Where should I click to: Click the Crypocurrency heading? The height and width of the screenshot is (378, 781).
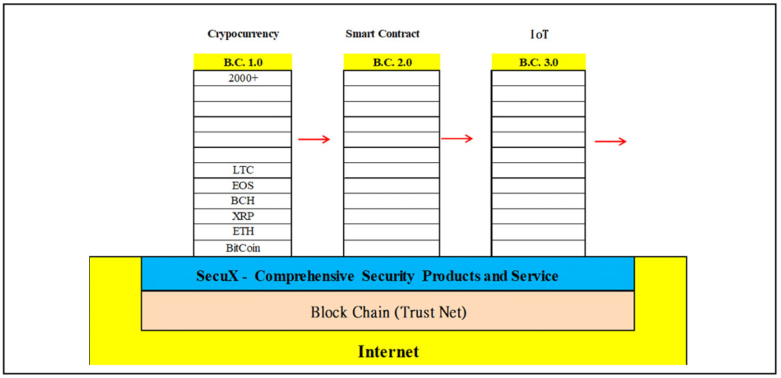click(x=243, y=34)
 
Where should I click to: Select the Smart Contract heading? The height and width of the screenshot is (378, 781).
click(x=383, y=33)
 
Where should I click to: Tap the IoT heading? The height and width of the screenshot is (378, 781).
click(x=539, y=34)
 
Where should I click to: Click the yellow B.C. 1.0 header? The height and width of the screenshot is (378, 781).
click(x=243, y=62)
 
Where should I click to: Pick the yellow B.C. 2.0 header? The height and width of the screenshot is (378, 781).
click(x=392, y=62)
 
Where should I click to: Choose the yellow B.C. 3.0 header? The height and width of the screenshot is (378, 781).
click(x=539, y=62)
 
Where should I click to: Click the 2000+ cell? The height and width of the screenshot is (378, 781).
click(x=243, y=78)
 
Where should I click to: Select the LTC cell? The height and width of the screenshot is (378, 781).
click(x=243, y=170)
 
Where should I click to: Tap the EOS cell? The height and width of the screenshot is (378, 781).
click(x=243, y=186)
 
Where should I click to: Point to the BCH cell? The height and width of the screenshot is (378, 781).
click(x=243, y=201)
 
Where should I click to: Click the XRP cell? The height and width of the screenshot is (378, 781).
click(x=243, y=216)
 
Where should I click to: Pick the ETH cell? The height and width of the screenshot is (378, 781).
click(x=243, y=232)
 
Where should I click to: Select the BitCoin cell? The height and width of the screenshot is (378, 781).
click(x=243, y=248)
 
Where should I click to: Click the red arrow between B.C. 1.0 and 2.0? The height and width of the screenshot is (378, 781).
click(x=314, y=139)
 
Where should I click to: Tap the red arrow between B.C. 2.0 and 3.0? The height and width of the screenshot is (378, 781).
click(x=457, y=139)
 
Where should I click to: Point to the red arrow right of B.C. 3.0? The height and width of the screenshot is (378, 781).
click(x=611, y=141)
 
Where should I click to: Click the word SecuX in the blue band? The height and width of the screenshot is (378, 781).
click(x=217, y=276)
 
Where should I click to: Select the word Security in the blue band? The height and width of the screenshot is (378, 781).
click(x=388, y=276)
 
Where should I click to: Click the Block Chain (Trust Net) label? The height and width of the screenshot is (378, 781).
click(x=389, y=312)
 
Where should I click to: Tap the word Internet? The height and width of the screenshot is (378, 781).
click(x=389, y=352)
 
